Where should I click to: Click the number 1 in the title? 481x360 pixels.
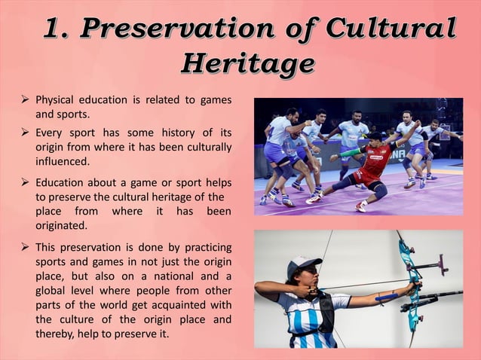(55, 29)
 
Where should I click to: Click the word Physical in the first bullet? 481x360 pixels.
(59, 100)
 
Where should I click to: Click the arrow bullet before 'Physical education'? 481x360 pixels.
(26, 99)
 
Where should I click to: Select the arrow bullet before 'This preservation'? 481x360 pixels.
(26, 247)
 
